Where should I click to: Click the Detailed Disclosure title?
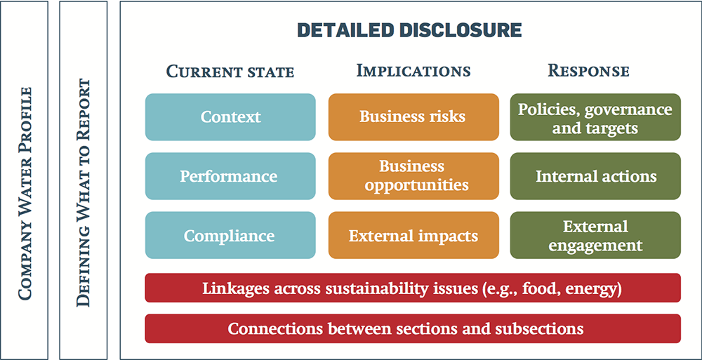click(410, 30)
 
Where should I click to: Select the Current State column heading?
click(230, 72)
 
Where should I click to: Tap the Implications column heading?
click(413, 71)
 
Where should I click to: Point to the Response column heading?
click(589, 71)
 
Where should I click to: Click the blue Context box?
click(230, 117)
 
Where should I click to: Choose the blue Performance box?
click(230, 176)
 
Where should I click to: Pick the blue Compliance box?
click(230, 235)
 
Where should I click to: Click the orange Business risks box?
click(413, 117)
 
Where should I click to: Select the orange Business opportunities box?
click(413, 176)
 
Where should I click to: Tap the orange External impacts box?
click(413, 235)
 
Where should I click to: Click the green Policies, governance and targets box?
click(595, 117)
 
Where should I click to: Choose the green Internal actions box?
click(595, 176)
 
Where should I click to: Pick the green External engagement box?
click(595, 235)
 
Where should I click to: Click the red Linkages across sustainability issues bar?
click(413, 288)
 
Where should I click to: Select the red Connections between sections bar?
click(413, 328)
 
